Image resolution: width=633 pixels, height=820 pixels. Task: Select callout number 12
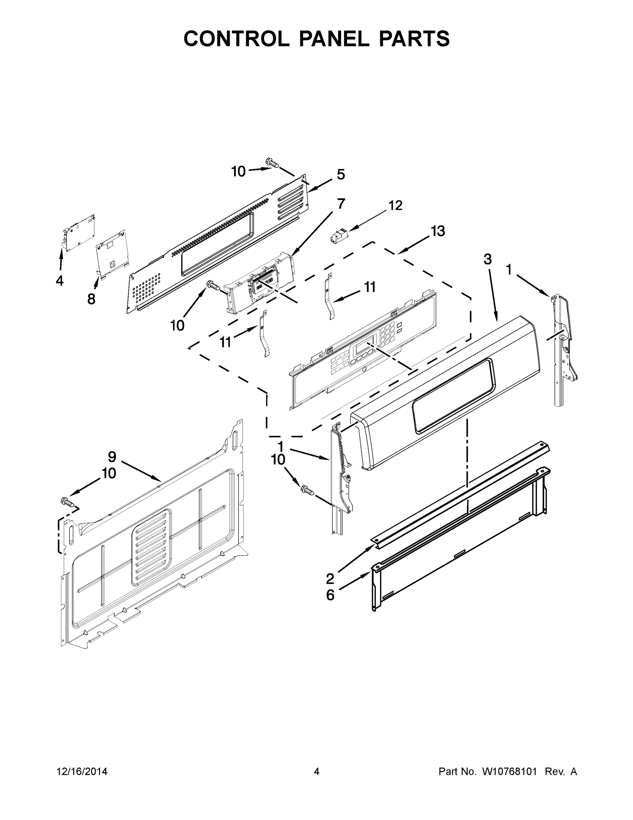(395, 205)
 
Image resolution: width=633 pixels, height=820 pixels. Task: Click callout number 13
(437, 231)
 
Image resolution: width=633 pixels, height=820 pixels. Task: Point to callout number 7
(341, 204)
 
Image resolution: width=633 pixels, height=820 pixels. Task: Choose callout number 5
(341, 175)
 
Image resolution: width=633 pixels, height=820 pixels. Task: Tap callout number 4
(60, 281)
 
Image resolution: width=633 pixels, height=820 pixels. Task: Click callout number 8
(91, 299)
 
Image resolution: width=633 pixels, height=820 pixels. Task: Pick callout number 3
(488, 259)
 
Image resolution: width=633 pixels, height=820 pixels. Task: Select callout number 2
(330, 578)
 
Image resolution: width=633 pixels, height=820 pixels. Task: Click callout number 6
(330, 595)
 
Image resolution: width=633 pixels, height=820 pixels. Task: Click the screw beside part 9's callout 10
(67, 501)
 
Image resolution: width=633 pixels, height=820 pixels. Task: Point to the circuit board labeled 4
(79, 233)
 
